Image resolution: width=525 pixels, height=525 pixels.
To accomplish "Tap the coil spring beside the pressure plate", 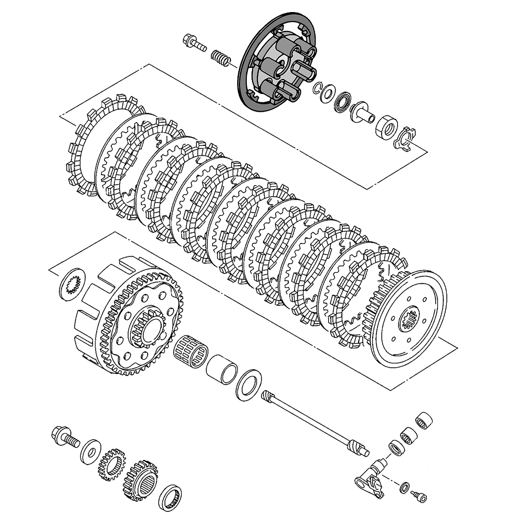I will click(x=221, y=57).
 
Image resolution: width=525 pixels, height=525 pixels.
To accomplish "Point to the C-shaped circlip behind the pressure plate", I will click(x=319, y=89).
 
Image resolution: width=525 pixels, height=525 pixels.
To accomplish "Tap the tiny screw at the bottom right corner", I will click(x=421, y=496).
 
